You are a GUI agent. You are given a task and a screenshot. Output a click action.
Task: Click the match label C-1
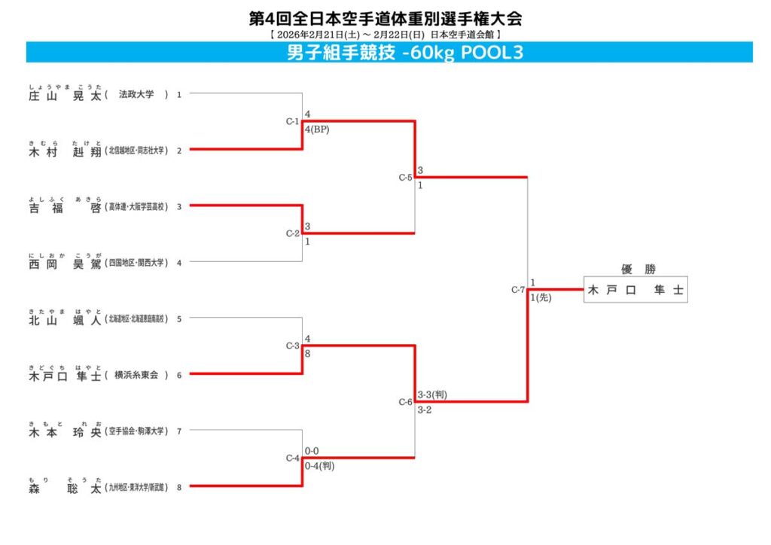click(x=293, y=121)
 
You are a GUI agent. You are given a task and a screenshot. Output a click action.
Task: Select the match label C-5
click(x=405, y=178)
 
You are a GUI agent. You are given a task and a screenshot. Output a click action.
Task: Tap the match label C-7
click(x=517, y=290)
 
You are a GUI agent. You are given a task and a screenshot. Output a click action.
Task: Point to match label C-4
click(x=293, y=458)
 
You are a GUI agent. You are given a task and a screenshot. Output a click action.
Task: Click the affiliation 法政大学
click(x=136, y=95)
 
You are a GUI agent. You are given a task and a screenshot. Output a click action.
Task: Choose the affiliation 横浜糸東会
click(x=136, y=375)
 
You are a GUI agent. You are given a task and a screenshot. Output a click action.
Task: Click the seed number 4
click(x=179, y=263)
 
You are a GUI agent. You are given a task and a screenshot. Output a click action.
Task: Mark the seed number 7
click(x=179, y=431)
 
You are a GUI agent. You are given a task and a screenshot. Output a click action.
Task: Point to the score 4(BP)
click(x=317, y=129)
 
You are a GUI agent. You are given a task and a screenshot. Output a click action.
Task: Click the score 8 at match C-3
click(x=308, y=354)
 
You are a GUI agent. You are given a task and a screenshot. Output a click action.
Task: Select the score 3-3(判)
click(x=433, y=394)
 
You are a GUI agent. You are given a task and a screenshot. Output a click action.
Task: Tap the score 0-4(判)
click(x=319, y=466)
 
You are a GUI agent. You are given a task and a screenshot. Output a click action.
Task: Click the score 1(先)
click(x=541, y=297)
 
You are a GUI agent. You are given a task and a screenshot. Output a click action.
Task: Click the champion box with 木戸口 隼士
click(x=635, y=290)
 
